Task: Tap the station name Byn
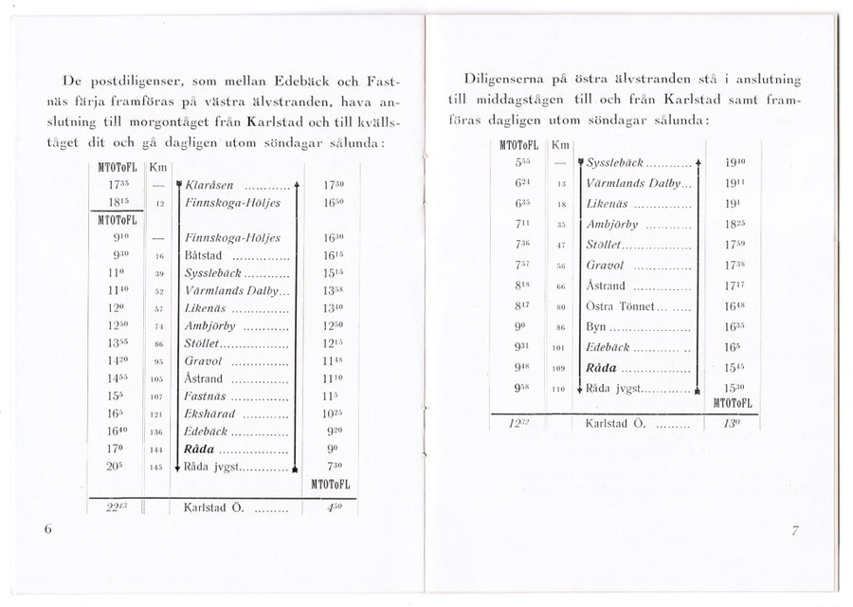598,326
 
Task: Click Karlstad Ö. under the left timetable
213,506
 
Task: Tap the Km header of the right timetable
559,143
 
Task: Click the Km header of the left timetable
158,168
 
